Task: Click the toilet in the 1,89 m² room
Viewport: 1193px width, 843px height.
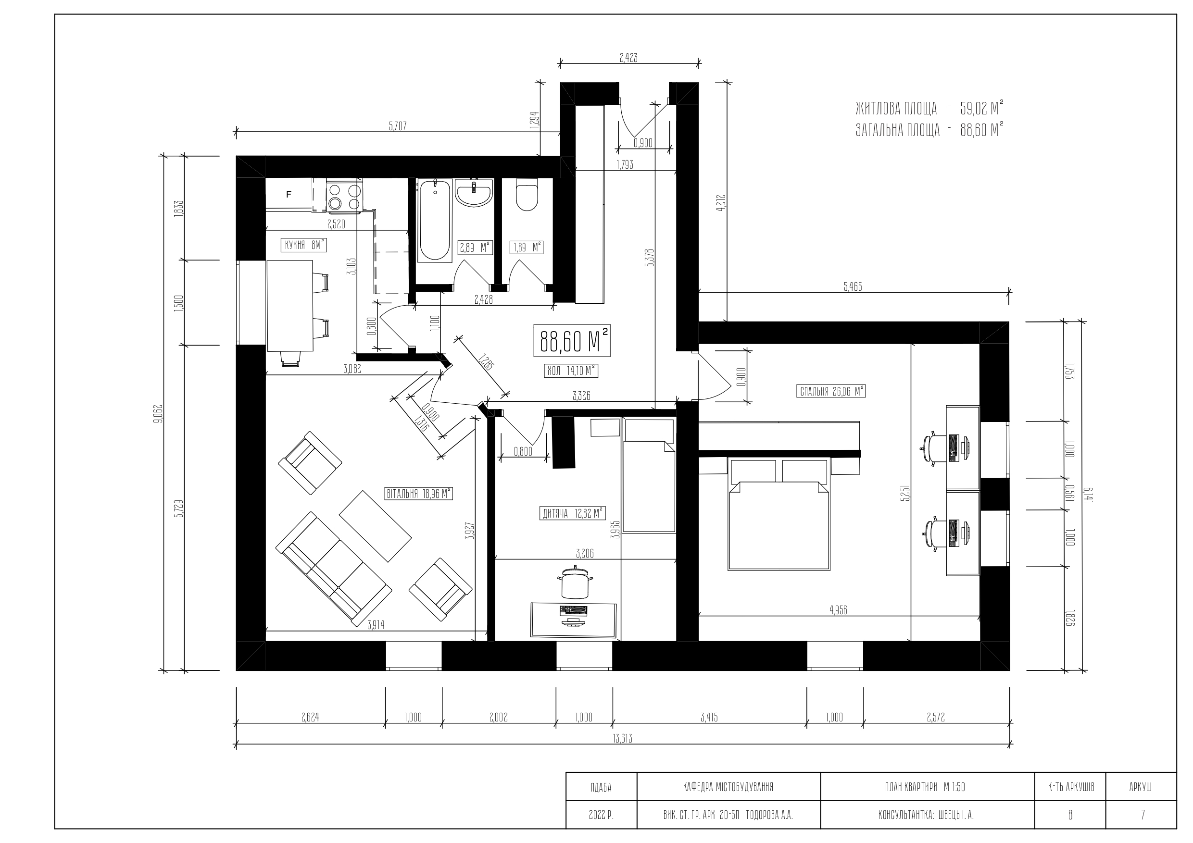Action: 527,196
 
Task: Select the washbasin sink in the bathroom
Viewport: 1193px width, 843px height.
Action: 473,193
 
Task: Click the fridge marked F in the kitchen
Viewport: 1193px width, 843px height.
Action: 289,194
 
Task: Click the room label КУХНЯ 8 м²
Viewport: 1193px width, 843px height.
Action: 304,245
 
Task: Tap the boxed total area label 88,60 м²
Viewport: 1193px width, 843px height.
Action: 572,341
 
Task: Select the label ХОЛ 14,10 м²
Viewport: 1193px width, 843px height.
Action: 570,371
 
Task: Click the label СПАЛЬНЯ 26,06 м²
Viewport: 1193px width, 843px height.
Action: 831,392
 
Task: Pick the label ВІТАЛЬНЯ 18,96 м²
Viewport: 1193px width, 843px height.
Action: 418,494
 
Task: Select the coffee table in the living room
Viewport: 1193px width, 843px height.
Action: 375,526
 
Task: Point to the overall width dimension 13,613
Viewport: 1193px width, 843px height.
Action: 623,739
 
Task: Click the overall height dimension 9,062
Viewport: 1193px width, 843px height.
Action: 159,413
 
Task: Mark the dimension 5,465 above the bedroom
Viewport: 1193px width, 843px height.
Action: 853,287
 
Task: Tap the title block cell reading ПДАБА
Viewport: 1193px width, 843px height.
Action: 601,787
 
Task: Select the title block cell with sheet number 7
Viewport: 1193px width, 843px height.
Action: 1142,815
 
